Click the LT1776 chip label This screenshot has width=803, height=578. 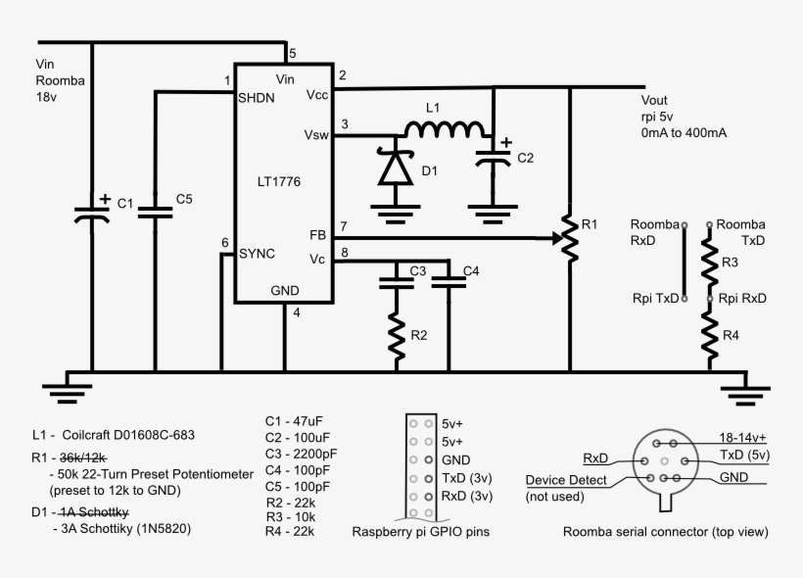coord(279,181)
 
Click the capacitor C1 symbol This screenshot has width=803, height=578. coord(93,211)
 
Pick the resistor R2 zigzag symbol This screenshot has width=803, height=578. coord(397,335)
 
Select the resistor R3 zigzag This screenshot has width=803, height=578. coord(712,261)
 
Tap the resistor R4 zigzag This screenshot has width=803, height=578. coord(712,333)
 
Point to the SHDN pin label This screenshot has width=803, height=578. coord(257,98)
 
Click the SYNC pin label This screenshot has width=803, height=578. coord(258,253)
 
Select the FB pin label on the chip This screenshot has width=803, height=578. coord(318,235)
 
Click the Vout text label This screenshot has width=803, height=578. coord(654,100)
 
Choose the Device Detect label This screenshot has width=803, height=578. coord(567,480)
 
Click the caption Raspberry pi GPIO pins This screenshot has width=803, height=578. coord(420,533)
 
